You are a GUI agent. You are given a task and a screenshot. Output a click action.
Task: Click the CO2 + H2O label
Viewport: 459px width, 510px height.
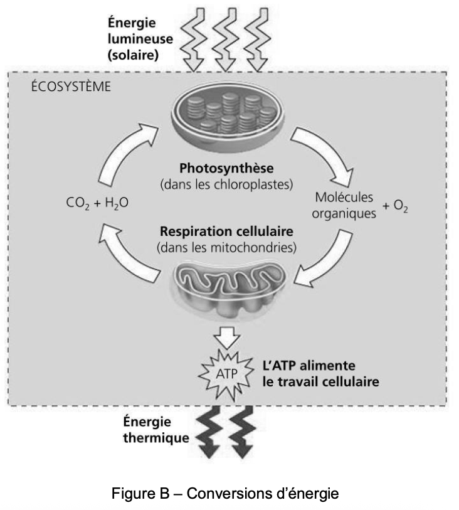(x=97, y=205)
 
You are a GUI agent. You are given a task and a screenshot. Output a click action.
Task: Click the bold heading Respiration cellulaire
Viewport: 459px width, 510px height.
(x=226, y=232)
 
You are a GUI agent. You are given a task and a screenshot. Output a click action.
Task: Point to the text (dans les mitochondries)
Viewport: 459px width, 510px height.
(x=226, y=247)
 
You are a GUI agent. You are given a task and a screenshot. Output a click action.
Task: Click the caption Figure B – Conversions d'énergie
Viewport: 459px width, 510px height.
(x=225, y=493)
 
